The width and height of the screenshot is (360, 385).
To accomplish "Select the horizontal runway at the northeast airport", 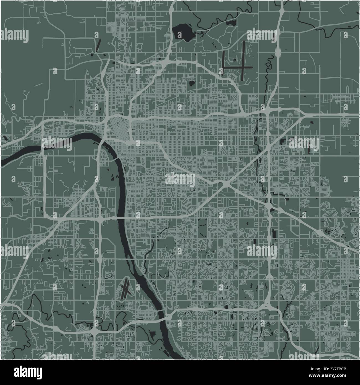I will (x=238, y=67).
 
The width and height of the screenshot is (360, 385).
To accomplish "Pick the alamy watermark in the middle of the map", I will (x=180, y=180).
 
